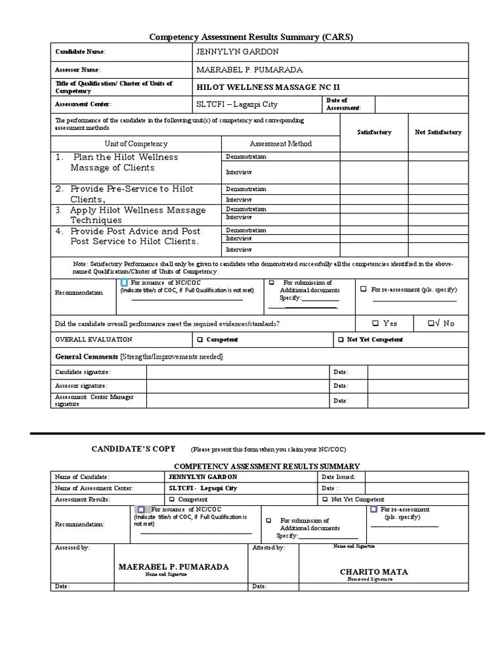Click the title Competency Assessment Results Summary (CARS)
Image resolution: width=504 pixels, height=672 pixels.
point(252,37)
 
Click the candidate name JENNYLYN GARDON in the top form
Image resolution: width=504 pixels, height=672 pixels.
point(228,52)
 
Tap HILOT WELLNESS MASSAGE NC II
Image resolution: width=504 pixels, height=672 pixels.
point(268,87)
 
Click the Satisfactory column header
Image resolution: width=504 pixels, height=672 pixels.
point(373,132)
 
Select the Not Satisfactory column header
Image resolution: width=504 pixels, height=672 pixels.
point(438,132)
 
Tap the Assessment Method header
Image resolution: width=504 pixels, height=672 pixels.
point(280,144)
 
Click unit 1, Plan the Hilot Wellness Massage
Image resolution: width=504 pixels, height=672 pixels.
point(125,162)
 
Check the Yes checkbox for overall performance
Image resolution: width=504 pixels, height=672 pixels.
point(375,324)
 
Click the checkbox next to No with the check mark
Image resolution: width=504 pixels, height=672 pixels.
point(431,324)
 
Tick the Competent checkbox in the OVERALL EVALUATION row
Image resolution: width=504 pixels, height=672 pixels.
point(200,340)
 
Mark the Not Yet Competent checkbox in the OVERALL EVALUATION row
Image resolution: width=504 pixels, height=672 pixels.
point(341,340)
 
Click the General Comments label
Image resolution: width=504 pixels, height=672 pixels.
point(86,356)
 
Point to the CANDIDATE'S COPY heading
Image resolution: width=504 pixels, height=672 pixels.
point(133,449)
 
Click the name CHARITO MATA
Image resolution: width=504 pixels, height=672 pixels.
point(373,572)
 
